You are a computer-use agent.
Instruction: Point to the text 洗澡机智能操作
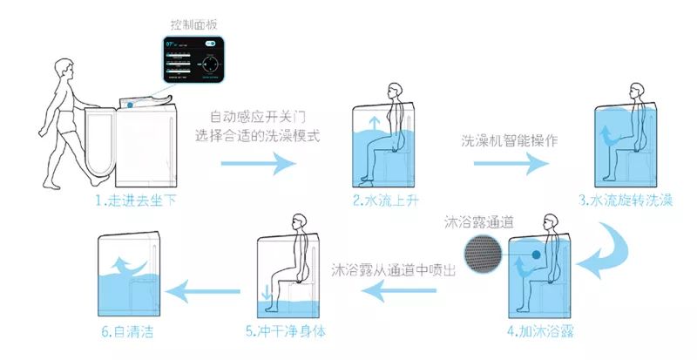tap(509, 139)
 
